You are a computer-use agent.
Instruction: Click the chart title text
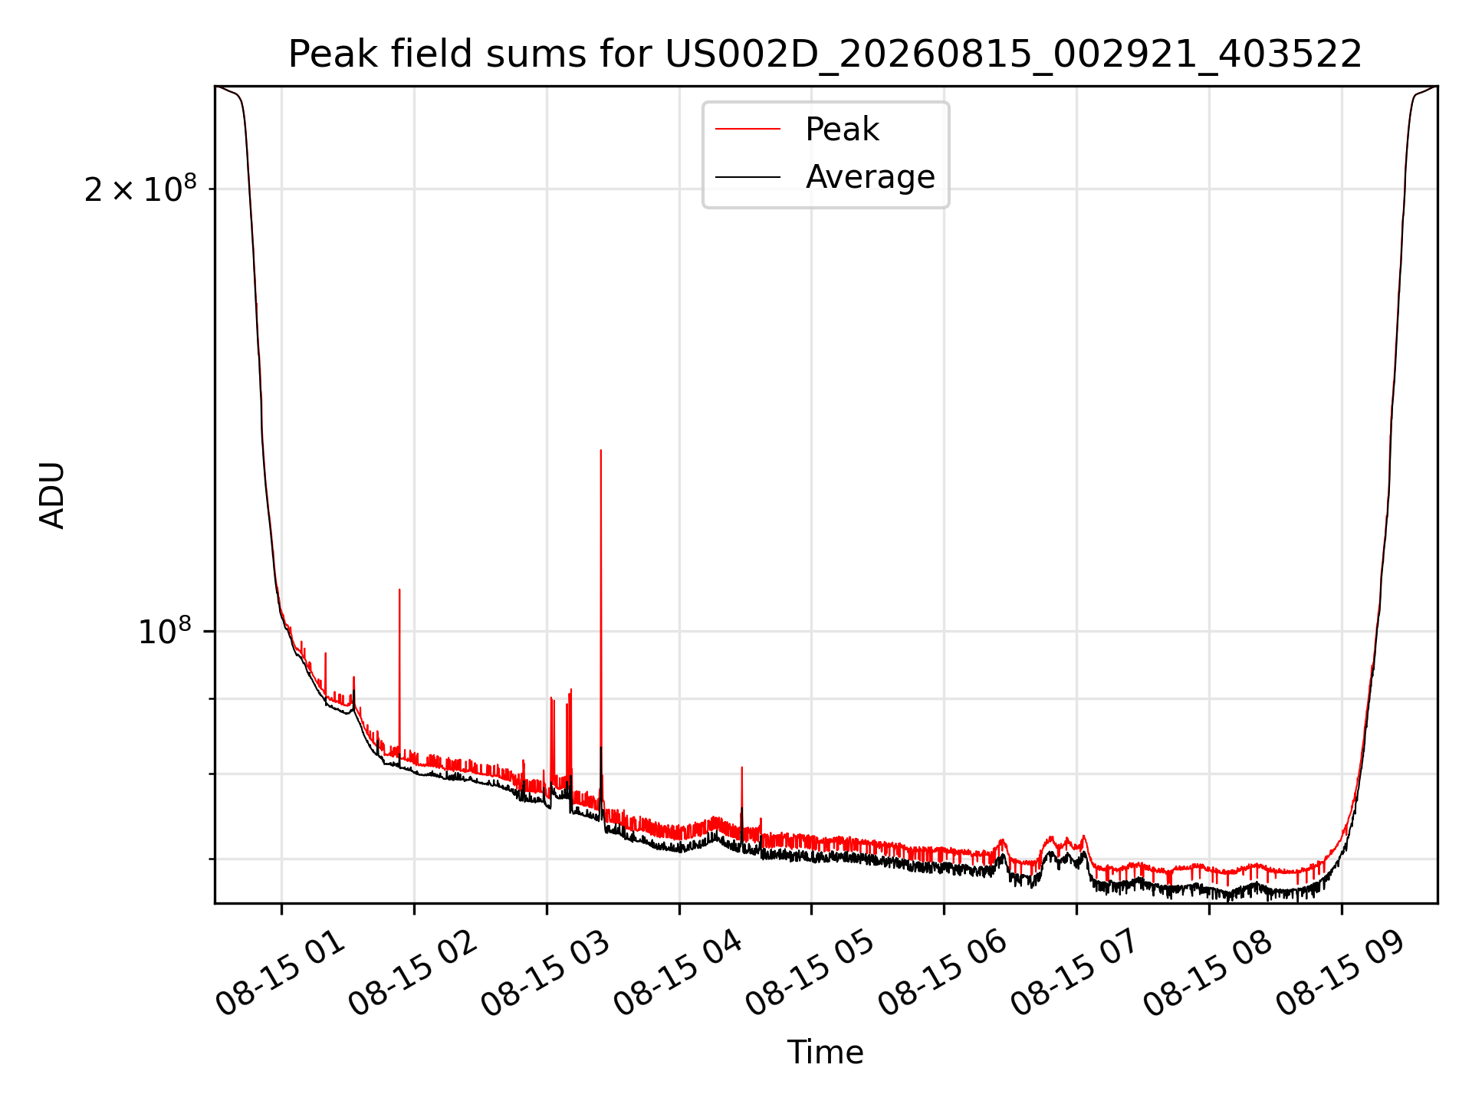coord(825,54)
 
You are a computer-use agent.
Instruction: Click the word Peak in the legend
coord(842,130)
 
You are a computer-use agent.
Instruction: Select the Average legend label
coord(870,177)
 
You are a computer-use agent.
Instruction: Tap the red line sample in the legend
coord(747,130)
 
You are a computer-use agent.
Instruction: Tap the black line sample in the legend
coord(747,177)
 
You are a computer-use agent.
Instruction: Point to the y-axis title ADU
coord(52,495)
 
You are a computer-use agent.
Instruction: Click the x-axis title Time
coord(825,1053)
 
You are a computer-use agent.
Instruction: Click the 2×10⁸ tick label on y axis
coord(140,188)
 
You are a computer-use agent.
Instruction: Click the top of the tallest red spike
coord(601,450)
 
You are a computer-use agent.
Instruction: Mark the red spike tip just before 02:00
coord(399,590)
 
